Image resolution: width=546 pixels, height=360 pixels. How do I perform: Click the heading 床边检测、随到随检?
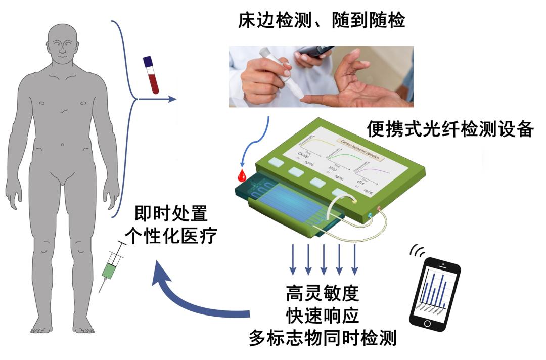[321, 21]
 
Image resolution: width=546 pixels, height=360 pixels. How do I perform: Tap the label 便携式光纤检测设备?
[449, 129]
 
